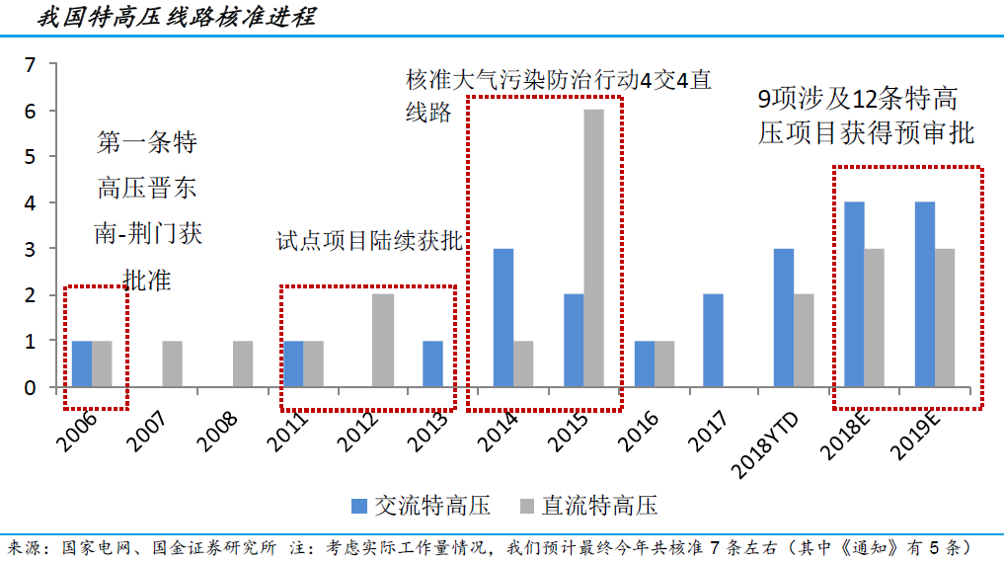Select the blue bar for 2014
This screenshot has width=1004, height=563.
coord(502,317)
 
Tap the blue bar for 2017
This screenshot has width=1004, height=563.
coord(713,340)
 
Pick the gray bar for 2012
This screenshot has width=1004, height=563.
coord(383,340)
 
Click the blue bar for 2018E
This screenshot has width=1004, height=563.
coord(854,294)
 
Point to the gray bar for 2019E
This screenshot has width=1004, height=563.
coord(945,317)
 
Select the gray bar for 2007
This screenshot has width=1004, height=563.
coord(172,363)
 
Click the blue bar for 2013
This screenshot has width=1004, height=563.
coord(432,363)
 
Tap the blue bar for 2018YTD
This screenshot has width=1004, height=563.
coord(784,317)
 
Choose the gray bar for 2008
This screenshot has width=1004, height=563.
coord(243,363)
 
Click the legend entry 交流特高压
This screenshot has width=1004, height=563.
coord(420,506)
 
